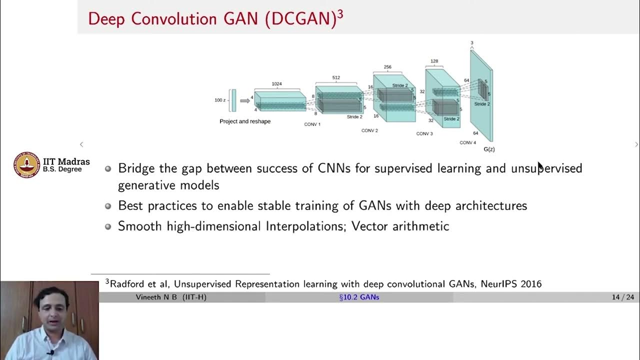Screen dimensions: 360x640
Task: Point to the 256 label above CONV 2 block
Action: [x=387, y=67]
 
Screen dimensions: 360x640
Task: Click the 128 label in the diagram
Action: [x=434, y=61]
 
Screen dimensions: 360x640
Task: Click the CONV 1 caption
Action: [x=312, y=124]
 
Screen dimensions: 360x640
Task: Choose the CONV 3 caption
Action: [x=424, y=133]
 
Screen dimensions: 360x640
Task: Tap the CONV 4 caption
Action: [x=467, y=142]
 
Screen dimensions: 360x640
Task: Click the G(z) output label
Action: [x=489, y=149]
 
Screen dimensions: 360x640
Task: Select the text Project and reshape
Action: [x=245, y=121]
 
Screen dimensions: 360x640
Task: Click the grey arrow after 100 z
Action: [x=245, y=100]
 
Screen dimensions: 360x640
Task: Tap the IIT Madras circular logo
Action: [x=26, y=164]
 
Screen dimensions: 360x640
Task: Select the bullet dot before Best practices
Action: [x=108, y=206]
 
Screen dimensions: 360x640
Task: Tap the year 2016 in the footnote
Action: [x=530, y=284]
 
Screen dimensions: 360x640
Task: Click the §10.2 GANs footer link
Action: [x=359, y=297]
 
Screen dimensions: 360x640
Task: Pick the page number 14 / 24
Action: [x=622, y=297]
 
